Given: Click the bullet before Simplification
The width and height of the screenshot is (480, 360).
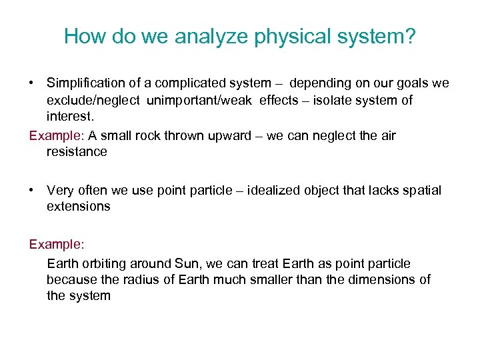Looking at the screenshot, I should pyautogui.click(x=32, y=83).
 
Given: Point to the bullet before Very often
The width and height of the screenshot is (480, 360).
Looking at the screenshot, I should pyautogui.click(x=32, y=191).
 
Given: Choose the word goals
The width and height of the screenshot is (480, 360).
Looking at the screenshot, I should pyautogui.click(x=411, y=83).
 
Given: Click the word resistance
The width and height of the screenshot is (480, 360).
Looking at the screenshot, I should pyautogui.click(x=77, y=152).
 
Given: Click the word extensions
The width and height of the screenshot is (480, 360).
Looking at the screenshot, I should pyautogui.click(x=79, y=207).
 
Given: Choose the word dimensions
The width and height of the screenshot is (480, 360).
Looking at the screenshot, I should pyautogui.click(x=382, y=279).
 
